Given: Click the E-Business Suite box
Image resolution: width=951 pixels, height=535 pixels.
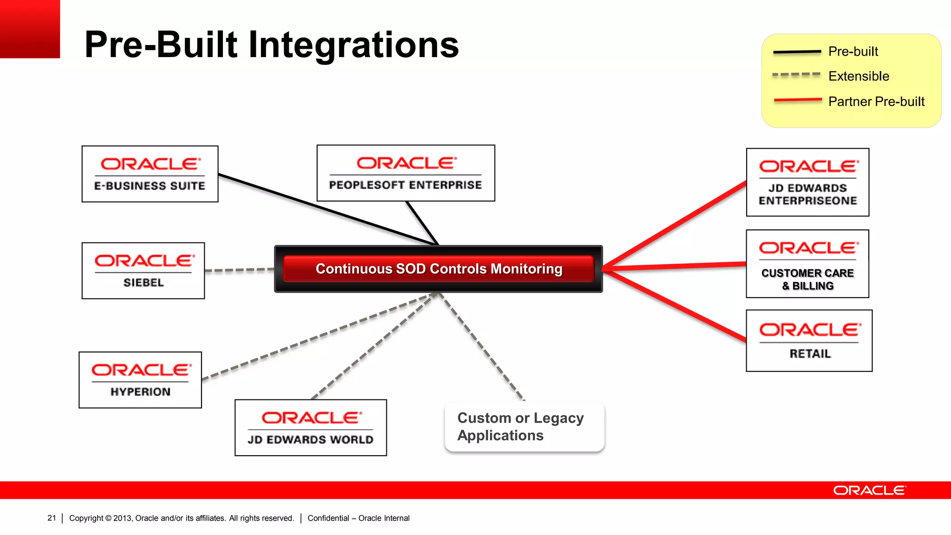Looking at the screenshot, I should coord(150,174).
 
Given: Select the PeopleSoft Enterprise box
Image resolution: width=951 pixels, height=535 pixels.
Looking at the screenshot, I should coord(405,173).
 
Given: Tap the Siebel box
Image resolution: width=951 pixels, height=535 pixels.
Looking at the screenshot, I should coord(143,271).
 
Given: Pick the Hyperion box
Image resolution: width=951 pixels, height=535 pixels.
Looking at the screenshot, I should coord(140,380).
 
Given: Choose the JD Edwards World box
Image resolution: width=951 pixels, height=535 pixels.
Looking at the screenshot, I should coord(311,428).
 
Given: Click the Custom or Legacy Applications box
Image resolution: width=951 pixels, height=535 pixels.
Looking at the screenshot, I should coord(524,427).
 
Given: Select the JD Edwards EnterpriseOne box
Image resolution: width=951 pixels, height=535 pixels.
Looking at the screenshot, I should coord(808,183).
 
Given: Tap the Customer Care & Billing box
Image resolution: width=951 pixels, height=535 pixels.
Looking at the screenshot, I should coord(808,264).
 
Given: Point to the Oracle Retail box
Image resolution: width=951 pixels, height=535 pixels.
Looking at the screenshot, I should coord(809,341).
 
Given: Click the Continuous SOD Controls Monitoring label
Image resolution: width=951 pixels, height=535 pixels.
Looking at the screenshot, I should coord(439,269).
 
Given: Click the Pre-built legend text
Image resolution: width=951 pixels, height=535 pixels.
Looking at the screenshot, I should coord(853,52).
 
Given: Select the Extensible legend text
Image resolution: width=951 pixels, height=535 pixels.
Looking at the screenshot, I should coord(859,76).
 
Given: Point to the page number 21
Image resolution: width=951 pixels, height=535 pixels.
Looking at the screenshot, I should coord(52,518).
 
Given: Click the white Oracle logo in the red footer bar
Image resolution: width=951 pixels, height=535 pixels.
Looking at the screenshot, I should coord(869,490).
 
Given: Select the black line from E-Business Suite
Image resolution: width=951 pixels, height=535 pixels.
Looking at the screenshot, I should coord(325,209).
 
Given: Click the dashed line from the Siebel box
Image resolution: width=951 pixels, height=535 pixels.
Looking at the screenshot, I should coord(239,270).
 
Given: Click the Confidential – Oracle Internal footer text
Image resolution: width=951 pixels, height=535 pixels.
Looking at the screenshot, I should coord(358,518).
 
